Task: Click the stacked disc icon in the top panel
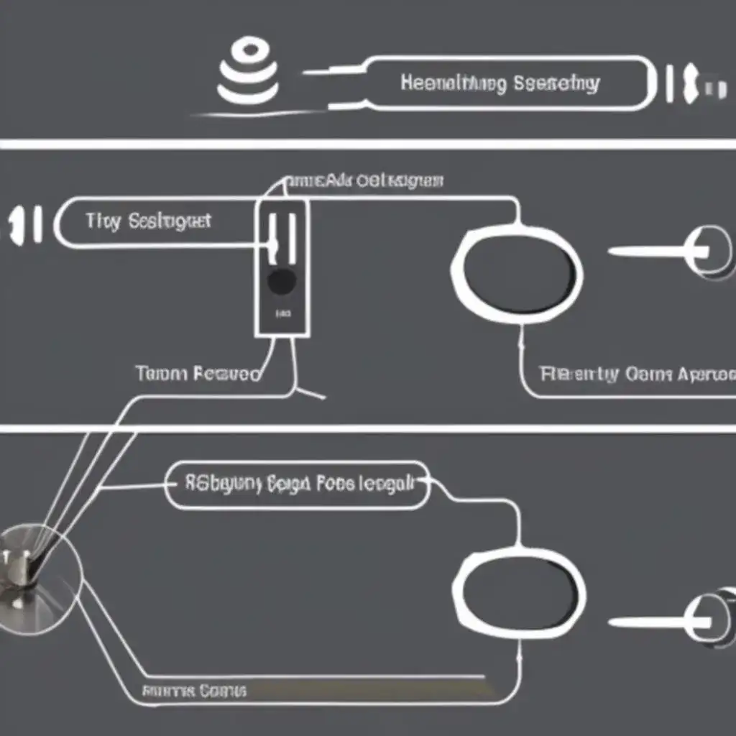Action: pyautogui.click(x=249, y=70)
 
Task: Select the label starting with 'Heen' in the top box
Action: pyautogui.click(x=500, y=83)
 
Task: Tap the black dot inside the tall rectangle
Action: pyautogui.click(x=281, y=281)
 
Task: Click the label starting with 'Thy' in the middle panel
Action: pyautogui.click(x=148, y=221)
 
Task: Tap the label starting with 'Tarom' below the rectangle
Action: pyautogui.click(x=197, y=374)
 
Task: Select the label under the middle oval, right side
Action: pyautogui.click(x=637, y=374)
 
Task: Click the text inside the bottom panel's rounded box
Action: pyautogui.click(x=299, y=484)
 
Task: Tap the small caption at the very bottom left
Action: pyautogui.click(x=194, y=691)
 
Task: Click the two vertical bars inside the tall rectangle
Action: pyautogui.click(x=282, y=236)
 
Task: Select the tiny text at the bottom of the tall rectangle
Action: pyautogui.click(x=282, y=314)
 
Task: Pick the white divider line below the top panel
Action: pyautogui.click(x=368, y=144)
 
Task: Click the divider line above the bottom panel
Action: pyautogui.click(x=368, y=429)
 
